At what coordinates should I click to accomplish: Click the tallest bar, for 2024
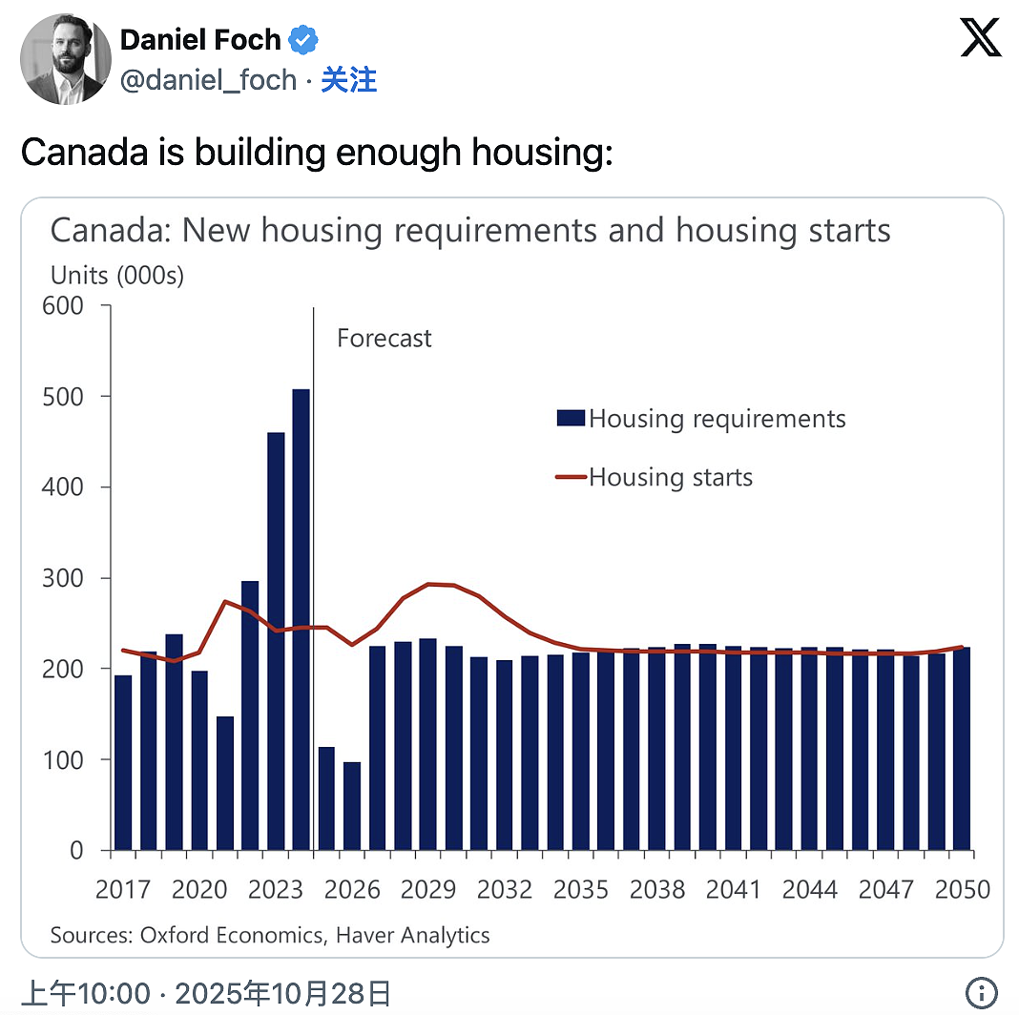coord(301,619)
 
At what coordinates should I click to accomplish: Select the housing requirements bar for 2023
coord(276,641)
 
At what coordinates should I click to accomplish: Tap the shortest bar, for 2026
coord(352,806)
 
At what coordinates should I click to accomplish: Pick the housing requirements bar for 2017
coord(123,763)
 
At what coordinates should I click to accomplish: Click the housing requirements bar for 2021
coord(225,783)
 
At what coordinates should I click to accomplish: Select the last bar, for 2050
coord(962,749)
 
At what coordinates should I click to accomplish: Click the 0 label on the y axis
coord(76,850)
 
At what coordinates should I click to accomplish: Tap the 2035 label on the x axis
coord(581,889)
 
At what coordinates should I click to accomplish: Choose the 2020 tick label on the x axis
coord(199,889)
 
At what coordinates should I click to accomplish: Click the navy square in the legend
coord(571,418)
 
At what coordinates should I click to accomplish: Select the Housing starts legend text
coord(671,478)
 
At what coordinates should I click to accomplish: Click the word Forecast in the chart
coord(385,338)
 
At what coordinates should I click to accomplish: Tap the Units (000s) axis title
coord(117,276)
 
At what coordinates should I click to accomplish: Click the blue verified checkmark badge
coord(302,40)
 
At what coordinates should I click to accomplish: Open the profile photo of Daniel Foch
coord(66,59)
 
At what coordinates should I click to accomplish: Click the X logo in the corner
coord(981,38)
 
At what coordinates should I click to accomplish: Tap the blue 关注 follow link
coord(349,80)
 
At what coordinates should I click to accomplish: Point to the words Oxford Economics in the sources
coord(231,935)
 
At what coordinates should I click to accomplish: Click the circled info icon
coord(981,992)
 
